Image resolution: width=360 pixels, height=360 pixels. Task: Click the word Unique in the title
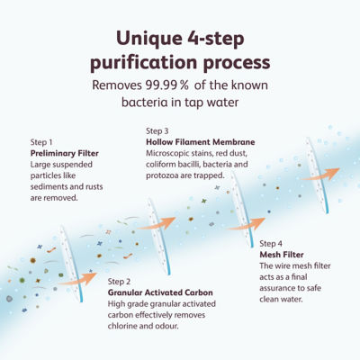148,39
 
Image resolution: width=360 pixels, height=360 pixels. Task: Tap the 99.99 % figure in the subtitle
167,85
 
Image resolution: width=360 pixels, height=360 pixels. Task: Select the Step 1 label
41,142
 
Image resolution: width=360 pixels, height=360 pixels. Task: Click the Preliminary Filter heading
65,153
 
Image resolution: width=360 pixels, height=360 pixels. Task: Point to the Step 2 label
119,282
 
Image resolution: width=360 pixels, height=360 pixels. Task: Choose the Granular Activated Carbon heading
160,292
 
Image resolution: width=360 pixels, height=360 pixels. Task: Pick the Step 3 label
157,131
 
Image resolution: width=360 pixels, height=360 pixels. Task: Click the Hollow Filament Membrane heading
201,142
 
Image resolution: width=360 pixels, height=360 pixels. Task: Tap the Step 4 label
271,244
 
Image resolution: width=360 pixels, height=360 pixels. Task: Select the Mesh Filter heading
282,255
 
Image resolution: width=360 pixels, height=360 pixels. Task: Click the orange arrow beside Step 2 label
77,279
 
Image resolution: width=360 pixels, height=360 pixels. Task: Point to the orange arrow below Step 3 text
157,223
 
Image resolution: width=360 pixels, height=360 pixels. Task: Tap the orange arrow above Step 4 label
246,224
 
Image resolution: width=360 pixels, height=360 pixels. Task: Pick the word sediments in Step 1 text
48,186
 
